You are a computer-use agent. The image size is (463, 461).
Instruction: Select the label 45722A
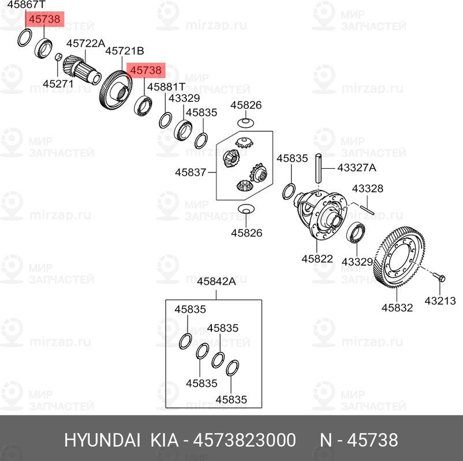85,43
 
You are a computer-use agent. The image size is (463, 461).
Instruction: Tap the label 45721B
124,51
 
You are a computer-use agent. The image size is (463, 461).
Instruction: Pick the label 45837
190,172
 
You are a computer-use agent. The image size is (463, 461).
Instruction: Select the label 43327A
357,168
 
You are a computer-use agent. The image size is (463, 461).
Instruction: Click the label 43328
368,188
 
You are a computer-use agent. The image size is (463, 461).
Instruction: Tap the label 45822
317,259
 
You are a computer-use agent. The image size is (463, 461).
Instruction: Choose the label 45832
397,308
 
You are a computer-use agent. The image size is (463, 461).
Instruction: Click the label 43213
440,300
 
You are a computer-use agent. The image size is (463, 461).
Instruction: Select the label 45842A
216,282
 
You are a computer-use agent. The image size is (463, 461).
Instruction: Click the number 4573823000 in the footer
246,441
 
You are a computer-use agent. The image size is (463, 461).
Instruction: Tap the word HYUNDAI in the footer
102,441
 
